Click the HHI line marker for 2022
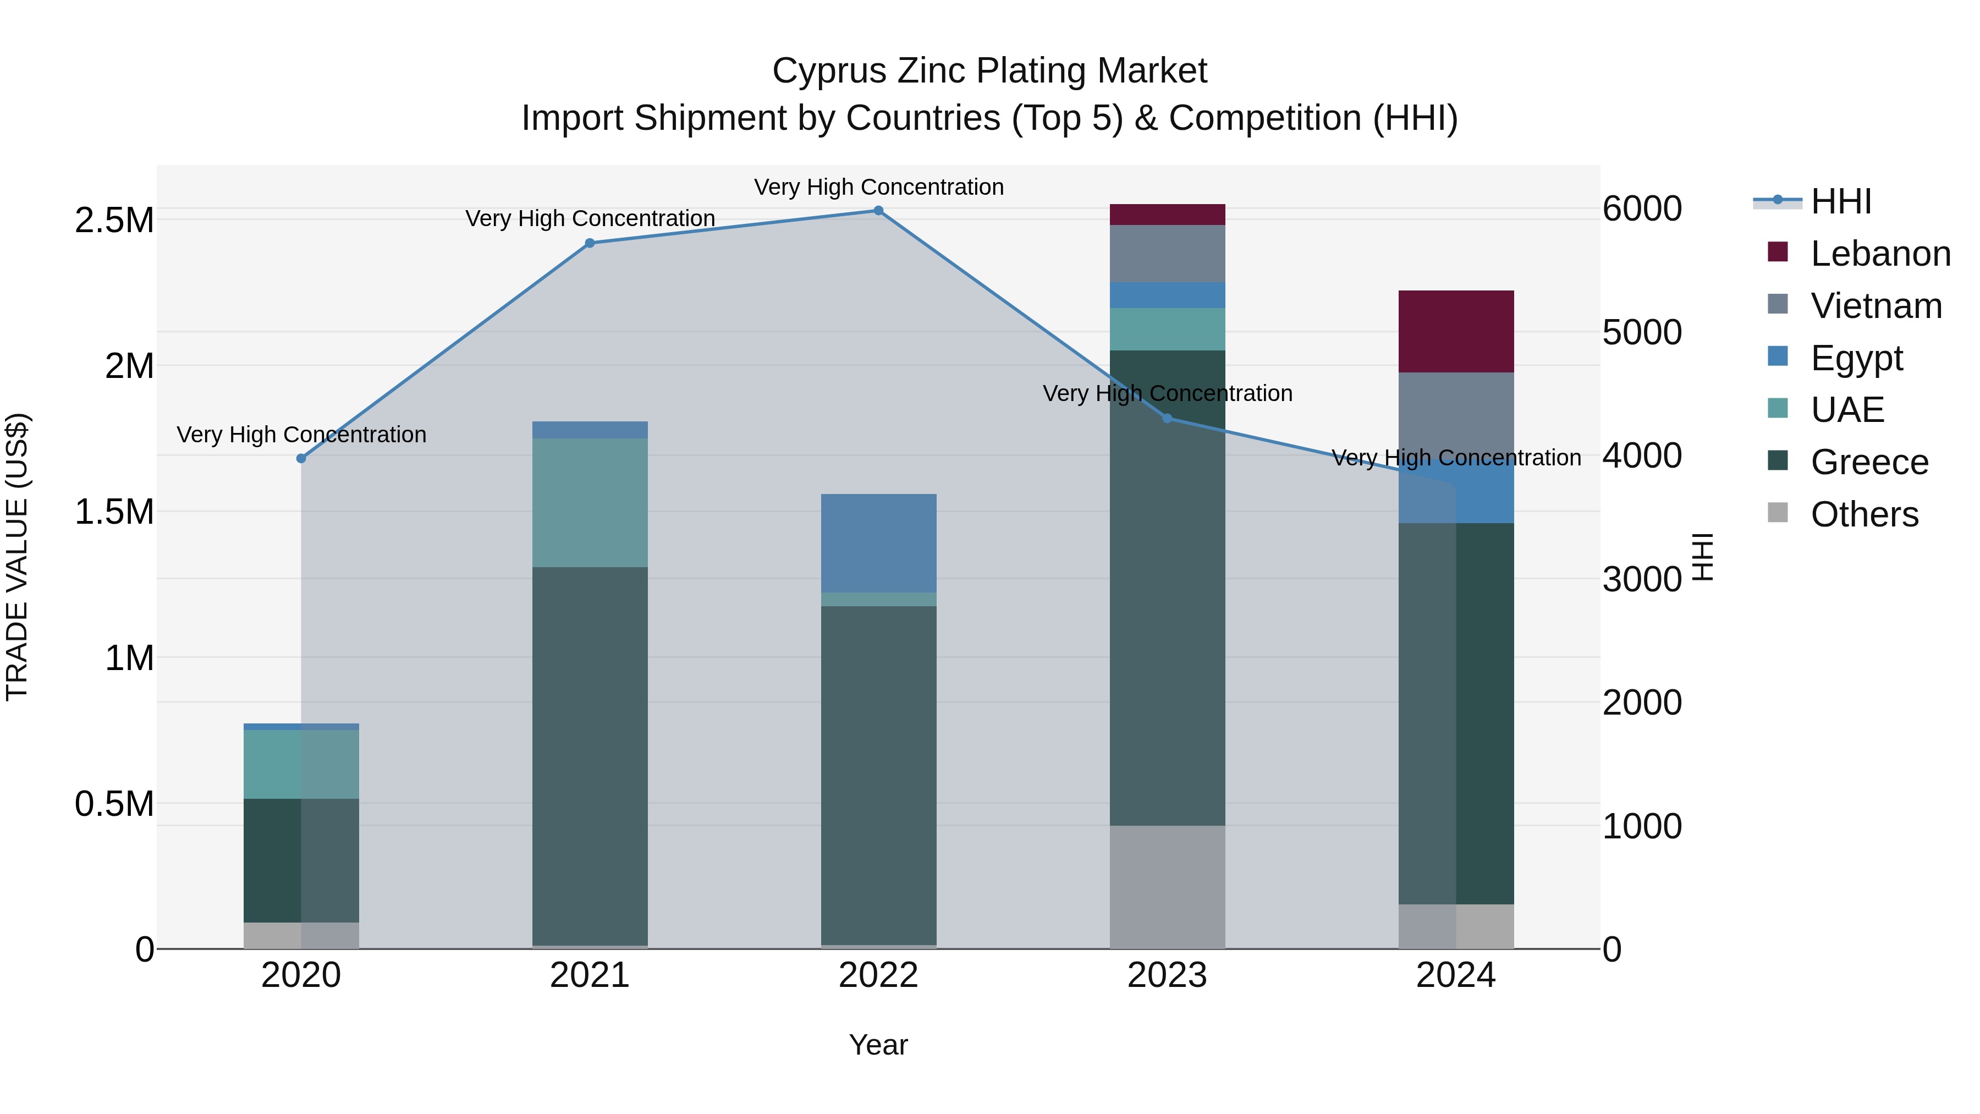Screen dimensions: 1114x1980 pyautogui.click(x=878, y=211)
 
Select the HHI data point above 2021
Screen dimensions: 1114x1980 pyautogui.click(x=590, y=243)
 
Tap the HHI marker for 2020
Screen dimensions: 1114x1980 pyautogui.click(x=301, y=458)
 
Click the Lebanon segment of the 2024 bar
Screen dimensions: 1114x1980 pyautogui.click(x=1456, y=331)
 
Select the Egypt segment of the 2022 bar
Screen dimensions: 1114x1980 pyautogui.click(x=878, y=543)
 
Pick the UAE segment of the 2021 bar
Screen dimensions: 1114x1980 pyautogui.click(x=590, y=503)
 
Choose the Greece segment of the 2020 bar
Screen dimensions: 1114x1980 pyautogui.click(x=301, y=860)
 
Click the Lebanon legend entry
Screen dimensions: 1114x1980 pyautogui.click(x=1879, y=254)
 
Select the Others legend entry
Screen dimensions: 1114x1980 pyautogui.click(x=1863, y=514)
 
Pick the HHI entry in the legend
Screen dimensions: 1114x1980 pyautogui.click(x=1840, y=201)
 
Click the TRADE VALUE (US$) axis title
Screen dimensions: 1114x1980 pyautogui.click(x=18, y=557)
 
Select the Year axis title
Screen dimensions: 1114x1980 pyautogui.click(x=878, y=1045)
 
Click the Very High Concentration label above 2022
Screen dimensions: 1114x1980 pyautogui.click(x=878, y=187)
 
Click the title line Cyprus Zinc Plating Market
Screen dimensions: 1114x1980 pyautogui.click(x=989, y=71)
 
